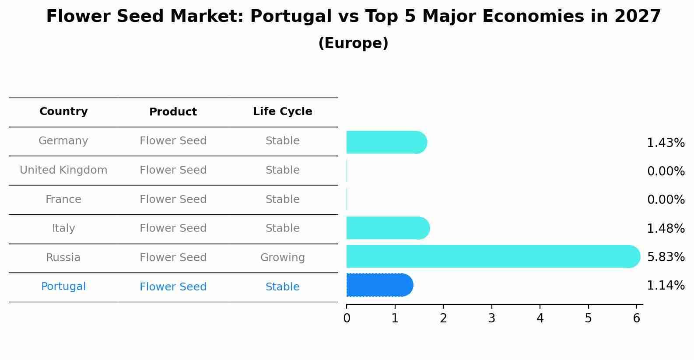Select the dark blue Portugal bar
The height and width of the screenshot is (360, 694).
click(379, 285)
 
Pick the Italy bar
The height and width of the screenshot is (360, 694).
click(387, 228)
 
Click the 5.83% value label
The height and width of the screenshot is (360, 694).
click(666, 257)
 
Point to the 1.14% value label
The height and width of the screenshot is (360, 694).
click(666, 286)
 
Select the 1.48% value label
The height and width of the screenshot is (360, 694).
click(666, 228)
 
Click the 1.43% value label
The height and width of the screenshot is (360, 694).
click(666, 143)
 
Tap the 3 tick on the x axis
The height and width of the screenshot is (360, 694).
click(492, 318)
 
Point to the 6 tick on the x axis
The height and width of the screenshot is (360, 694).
click(637, 318)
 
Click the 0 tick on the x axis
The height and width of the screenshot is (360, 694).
click(347, 318)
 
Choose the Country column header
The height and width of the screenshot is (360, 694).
click(63, 112)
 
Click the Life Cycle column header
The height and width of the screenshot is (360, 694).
click(282, 112)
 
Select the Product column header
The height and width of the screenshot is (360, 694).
click(173, 112)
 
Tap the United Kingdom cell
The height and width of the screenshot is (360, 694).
click(63, 170)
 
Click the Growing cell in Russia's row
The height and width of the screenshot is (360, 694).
click(282, 258)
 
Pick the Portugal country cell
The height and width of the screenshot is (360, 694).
click(63, 287)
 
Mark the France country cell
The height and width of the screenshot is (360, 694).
click(63, 199)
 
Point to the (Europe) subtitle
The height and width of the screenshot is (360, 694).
click(353, 43)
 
